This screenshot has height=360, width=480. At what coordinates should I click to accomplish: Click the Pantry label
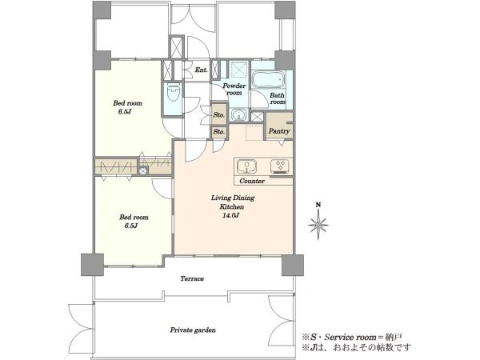279,131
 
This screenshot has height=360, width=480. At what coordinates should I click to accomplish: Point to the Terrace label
192,278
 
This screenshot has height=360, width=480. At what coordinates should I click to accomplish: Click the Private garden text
193,330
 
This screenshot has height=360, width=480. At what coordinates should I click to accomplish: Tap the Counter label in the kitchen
252,181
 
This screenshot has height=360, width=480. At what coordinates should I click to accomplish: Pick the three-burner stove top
279,166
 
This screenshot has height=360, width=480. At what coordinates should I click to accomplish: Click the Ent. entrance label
202,70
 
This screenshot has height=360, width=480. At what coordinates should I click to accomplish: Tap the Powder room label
234,89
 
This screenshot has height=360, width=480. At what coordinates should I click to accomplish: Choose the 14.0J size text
230,215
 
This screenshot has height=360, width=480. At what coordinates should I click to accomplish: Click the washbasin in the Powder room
239,115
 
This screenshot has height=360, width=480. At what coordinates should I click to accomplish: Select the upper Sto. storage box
219,114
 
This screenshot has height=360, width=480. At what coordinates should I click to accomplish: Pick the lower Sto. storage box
219,132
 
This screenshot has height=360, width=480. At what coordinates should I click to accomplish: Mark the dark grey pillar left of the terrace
92,265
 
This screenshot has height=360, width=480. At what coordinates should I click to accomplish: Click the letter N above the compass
318,205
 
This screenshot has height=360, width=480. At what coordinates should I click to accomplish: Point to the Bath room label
278,98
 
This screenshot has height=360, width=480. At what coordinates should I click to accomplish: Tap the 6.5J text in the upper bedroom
125,111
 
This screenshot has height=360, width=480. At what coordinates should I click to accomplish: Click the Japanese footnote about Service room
352,338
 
